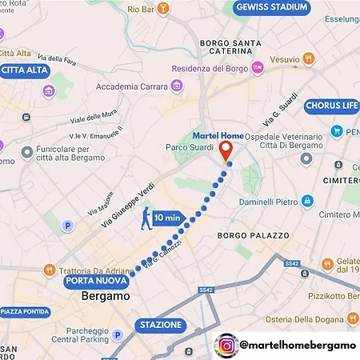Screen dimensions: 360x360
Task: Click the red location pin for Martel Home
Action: pos(226,150)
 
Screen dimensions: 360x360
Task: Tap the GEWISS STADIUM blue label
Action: pos(272,8)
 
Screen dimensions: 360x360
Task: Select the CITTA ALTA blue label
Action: pos(25,70)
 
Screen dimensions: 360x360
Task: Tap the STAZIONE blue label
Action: pos(161,326)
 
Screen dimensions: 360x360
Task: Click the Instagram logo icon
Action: pos(228,346)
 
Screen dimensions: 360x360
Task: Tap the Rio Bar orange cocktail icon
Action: pos(163,9)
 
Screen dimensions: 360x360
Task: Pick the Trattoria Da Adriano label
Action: pos(93,269)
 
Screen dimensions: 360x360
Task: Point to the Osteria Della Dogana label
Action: pos(314,320)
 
